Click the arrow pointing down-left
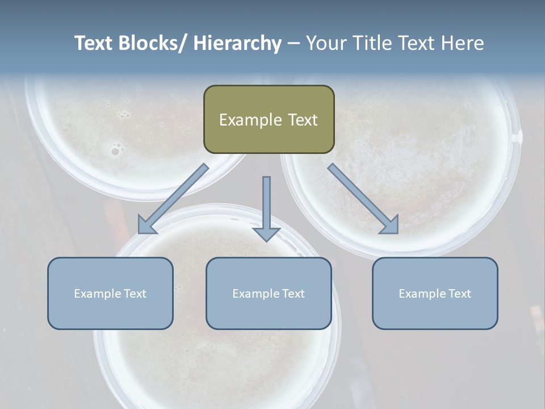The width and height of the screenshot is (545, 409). (173, 199)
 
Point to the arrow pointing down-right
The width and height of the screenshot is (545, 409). (363, 199)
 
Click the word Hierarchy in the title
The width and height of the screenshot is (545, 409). (237, 43)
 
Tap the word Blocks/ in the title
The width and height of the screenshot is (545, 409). (152, 43)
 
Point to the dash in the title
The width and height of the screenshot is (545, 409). (294, 43)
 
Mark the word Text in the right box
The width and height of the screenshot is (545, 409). (459, 294)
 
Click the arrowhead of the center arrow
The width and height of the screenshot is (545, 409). (266, 233)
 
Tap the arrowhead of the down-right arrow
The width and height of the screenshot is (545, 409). (389, 225)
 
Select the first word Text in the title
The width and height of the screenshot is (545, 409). (94, 43)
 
